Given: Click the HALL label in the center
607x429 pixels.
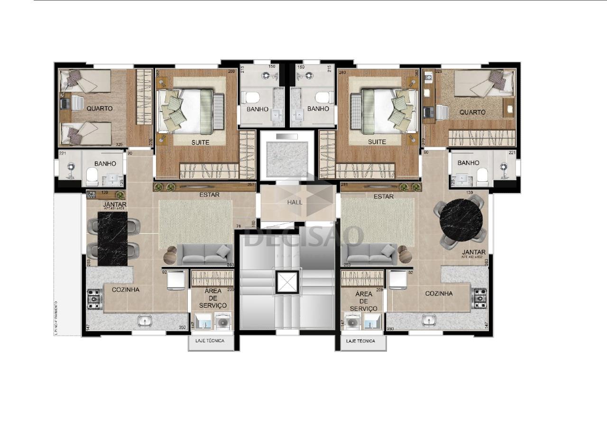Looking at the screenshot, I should point(294,202).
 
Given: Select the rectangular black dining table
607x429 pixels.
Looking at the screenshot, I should point(112,238).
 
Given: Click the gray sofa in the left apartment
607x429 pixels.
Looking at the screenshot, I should point(204,254).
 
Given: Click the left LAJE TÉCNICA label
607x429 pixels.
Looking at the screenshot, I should point(211,341).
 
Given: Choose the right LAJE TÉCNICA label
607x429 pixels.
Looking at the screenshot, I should point(360,341).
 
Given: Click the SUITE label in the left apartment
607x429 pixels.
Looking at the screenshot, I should point(200,142).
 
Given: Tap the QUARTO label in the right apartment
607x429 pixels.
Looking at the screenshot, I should point(472,112).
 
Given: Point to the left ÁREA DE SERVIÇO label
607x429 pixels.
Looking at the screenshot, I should point(212,298).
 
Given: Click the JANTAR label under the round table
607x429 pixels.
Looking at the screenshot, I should point(474,252).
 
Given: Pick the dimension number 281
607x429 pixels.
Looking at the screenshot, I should point(345,184).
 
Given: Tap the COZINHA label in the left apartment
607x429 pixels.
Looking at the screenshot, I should point(126,289).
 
